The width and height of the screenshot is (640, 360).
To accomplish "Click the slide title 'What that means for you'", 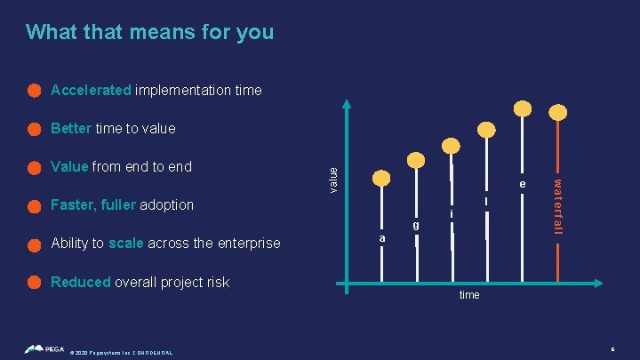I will click(x=149, y=33).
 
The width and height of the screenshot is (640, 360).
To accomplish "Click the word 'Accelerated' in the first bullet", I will click(x=92, y=90).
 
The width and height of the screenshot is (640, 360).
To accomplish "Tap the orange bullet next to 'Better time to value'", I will click(x=34, y=129).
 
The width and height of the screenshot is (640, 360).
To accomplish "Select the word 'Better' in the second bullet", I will click(x=71, y=129).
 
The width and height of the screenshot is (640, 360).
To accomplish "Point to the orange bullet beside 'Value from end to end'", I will click(x=34, y=167).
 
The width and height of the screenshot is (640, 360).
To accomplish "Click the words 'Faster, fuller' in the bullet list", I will click(x=92, y=204).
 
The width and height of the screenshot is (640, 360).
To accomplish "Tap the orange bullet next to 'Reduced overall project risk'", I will click(x=34, y=282).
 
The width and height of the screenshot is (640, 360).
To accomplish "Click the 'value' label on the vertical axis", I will click(x=332, y=179).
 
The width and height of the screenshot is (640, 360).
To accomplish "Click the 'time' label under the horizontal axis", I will click(x=469, y=294).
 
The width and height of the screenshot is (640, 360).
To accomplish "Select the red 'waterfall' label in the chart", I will click(x=558, y=206).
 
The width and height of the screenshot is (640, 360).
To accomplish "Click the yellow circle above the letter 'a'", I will click(x=381, y=178).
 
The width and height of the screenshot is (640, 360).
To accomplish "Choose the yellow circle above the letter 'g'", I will click(x=416, y=161).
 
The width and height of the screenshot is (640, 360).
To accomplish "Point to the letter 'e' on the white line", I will click(x=524, y=184).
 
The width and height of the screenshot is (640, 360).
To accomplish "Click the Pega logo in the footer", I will click(x=44, y=349).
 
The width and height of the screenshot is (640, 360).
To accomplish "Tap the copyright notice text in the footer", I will click(x=121, y=352).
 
